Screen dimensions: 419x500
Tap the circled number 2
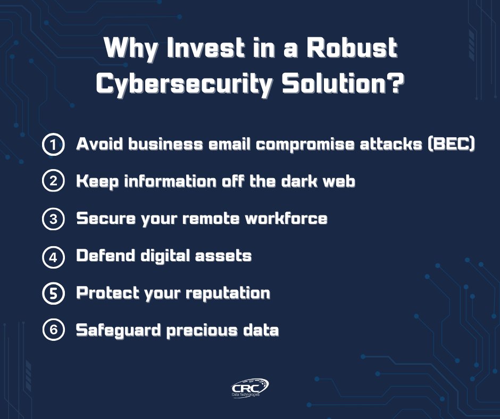click(53, 182)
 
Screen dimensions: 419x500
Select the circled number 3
click(53, 219)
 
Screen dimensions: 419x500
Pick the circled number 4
click(53, 256)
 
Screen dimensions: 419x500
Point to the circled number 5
click(53, 294)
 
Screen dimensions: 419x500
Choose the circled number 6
click(53, 330)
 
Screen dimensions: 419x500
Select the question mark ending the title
click(391, 84)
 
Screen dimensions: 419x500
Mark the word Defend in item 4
click(103, 256)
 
